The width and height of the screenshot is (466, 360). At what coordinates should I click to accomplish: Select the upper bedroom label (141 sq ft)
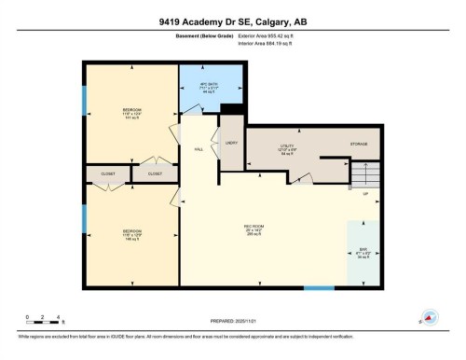[130, 114]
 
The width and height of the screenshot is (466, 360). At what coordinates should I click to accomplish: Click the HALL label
[199, 147]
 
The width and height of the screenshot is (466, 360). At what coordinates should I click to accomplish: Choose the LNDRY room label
[231, 143]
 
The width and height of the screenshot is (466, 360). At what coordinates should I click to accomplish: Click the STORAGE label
[359, 144]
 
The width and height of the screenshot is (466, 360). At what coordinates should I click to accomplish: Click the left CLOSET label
[107, 173]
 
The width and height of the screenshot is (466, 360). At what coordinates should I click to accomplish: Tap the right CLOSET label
[155, 173]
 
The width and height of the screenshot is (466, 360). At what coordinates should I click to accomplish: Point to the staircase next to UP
[368, 173]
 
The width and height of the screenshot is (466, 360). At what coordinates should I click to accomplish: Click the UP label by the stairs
[365, 194]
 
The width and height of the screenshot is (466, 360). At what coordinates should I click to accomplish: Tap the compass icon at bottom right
[430, 317]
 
